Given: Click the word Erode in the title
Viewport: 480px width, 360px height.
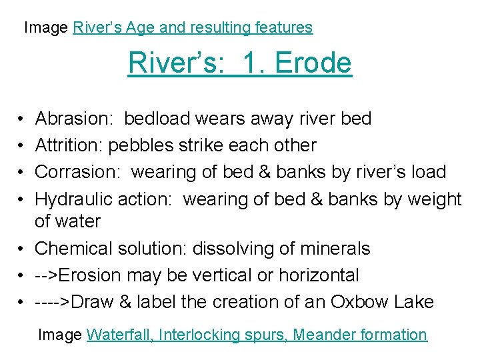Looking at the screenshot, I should pyautogui.click(x=313, y=63).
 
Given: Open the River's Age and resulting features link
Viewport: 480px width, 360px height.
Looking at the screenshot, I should pyautogui.click(x=193, y=27).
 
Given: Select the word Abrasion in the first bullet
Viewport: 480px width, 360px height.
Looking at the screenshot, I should pyautogui.click(x=74, y=119).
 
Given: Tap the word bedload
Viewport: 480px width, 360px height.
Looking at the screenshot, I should pyautogui.click(x=157, y=119).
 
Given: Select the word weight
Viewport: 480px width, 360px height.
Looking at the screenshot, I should pyautogui.click(x=433, y=199).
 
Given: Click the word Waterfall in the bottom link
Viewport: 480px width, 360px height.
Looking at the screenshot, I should pyautogui.click(x=119, y=335).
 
